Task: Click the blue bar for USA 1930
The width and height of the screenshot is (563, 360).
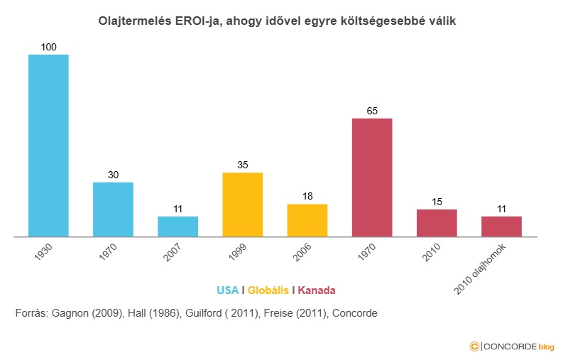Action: (x=48, y=145)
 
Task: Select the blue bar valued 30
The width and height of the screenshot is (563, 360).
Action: (x=113, y=209)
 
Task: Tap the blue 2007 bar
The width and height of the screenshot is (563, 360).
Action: (x=177, y=227)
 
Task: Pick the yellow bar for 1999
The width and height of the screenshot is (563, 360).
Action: (x=242, y=204)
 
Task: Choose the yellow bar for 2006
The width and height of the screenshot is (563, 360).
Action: (x=307, y=220)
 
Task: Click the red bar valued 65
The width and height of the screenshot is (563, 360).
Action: (x=372, y=178)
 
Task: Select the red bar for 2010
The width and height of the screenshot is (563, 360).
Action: (x=437, y=223)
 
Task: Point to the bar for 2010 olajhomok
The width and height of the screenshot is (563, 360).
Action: (x=501, y=227)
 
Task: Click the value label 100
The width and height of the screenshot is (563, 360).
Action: (x=48, y=47)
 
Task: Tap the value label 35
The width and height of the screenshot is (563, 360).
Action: (x=242, y=165)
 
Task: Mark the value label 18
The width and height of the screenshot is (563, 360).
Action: (x=307, y=197)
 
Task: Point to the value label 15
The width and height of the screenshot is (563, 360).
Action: (x=437, y=202)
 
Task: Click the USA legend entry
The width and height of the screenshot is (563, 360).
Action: (x=227, y=290)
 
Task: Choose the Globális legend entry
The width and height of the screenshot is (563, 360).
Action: (x=268, y=290)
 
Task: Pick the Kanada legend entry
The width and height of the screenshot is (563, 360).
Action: (x=317, y=290)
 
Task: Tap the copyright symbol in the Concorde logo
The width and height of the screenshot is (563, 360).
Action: (x=474, y=346)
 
